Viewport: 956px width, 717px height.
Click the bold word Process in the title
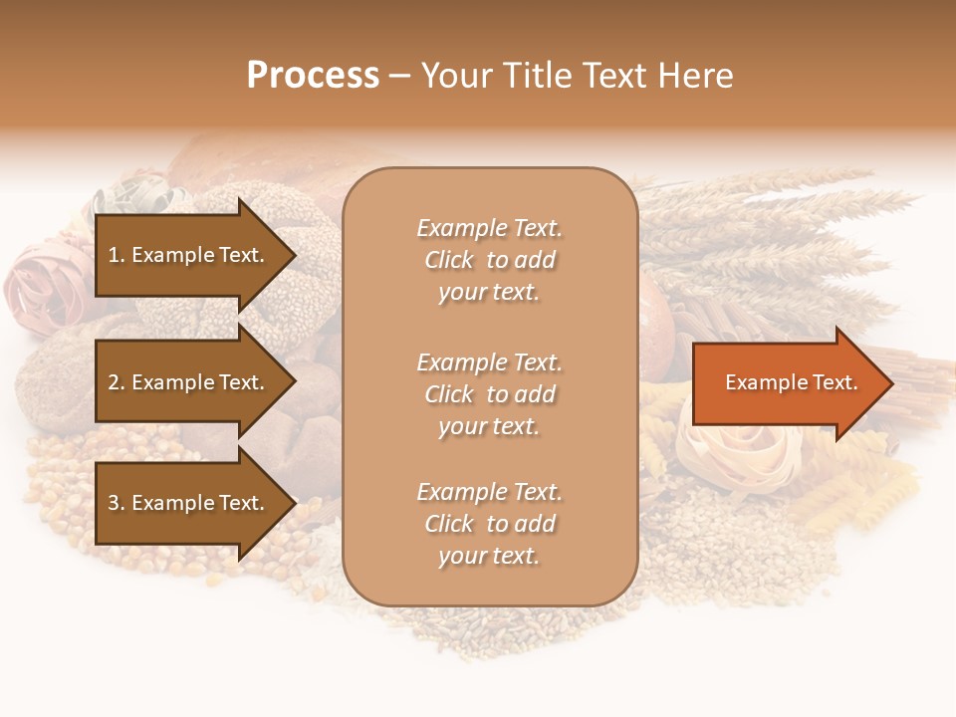click(313, 76)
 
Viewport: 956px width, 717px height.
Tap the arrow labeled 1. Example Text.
click(189, 255)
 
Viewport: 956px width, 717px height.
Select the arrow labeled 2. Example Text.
click(189, 382)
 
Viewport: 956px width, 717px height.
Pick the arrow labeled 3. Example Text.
click(189, 503)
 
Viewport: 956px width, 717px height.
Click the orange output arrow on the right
click(787, 382)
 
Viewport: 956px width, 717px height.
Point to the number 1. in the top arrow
click(117, 255)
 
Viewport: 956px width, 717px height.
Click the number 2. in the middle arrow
click(117, 382)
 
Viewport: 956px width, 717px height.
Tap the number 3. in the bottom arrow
click(117, 503)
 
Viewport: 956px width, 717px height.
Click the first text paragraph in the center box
click(489, 260)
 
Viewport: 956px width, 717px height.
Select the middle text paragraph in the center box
click(489, 394)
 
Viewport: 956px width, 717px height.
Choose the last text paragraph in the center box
click(489, 524)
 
